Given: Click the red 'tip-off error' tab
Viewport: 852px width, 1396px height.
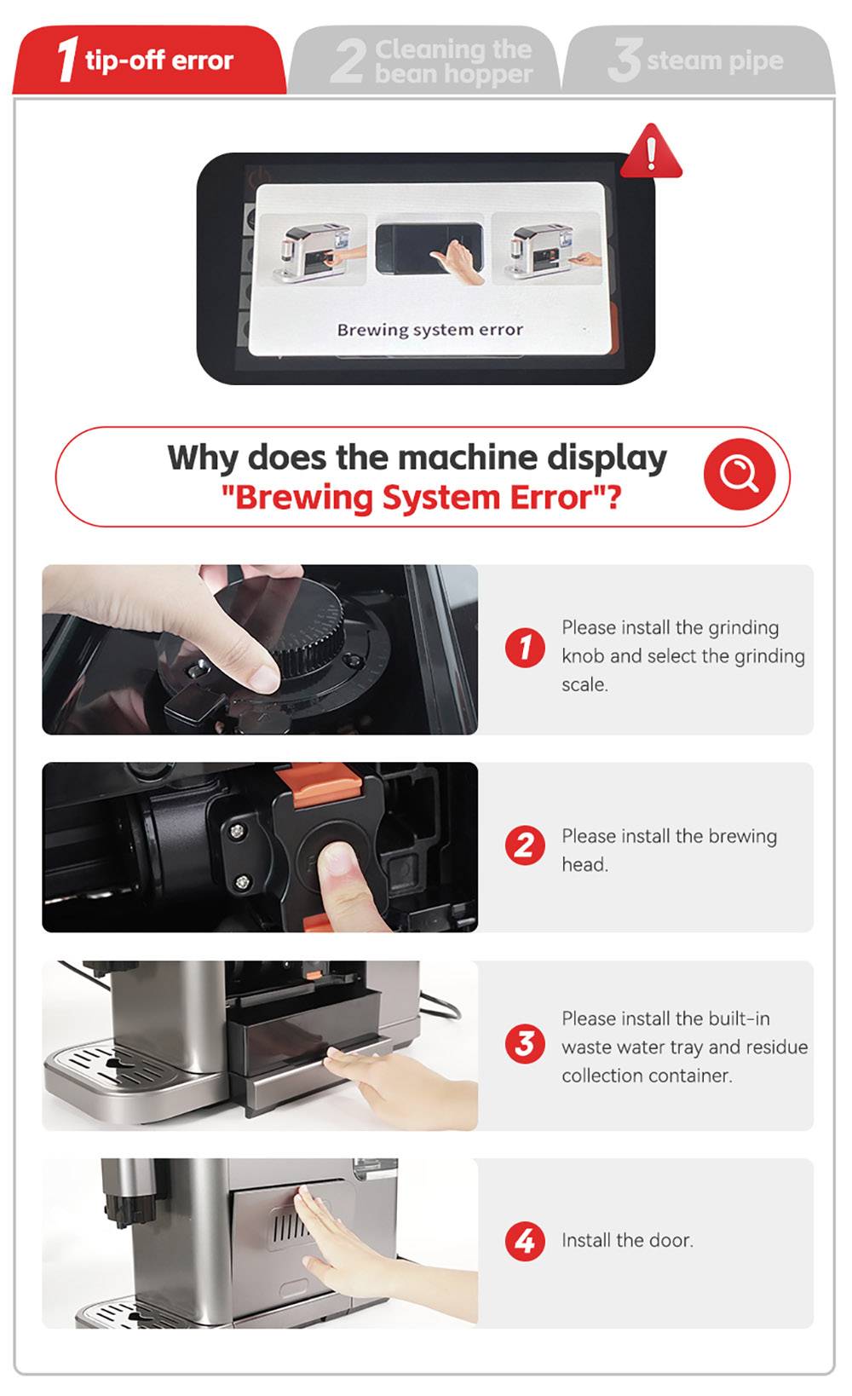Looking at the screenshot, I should (149, 61).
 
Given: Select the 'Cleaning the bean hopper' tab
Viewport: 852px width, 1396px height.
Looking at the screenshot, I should (426, 61).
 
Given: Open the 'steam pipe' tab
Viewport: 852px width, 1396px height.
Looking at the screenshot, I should (697, 61).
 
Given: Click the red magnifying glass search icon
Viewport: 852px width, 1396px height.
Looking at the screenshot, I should (739, 474).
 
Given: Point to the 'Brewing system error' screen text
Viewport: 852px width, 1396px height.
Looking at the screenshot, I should (429, 330).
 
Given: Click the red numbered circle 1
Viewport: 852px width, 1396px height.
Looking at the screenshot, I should (525, 648).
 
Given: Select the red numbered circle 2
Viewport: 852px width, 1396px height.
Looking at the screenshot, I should (525, 845).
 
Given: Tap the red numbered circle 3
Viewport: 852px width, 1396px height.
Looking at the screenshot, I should (525, 1043).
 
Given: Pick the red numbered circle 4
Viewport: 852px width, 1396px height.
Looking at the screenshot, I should (525, 1241).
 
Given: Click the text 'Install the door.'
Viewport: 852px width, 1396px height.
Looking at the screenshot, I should (627, 1241).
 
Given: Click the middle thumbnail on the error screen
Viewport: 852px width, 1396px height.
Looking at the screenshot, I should (430, 249).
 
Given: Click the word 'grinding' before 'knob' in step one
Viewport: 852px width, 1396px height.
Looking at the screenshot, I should (744, 628).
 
